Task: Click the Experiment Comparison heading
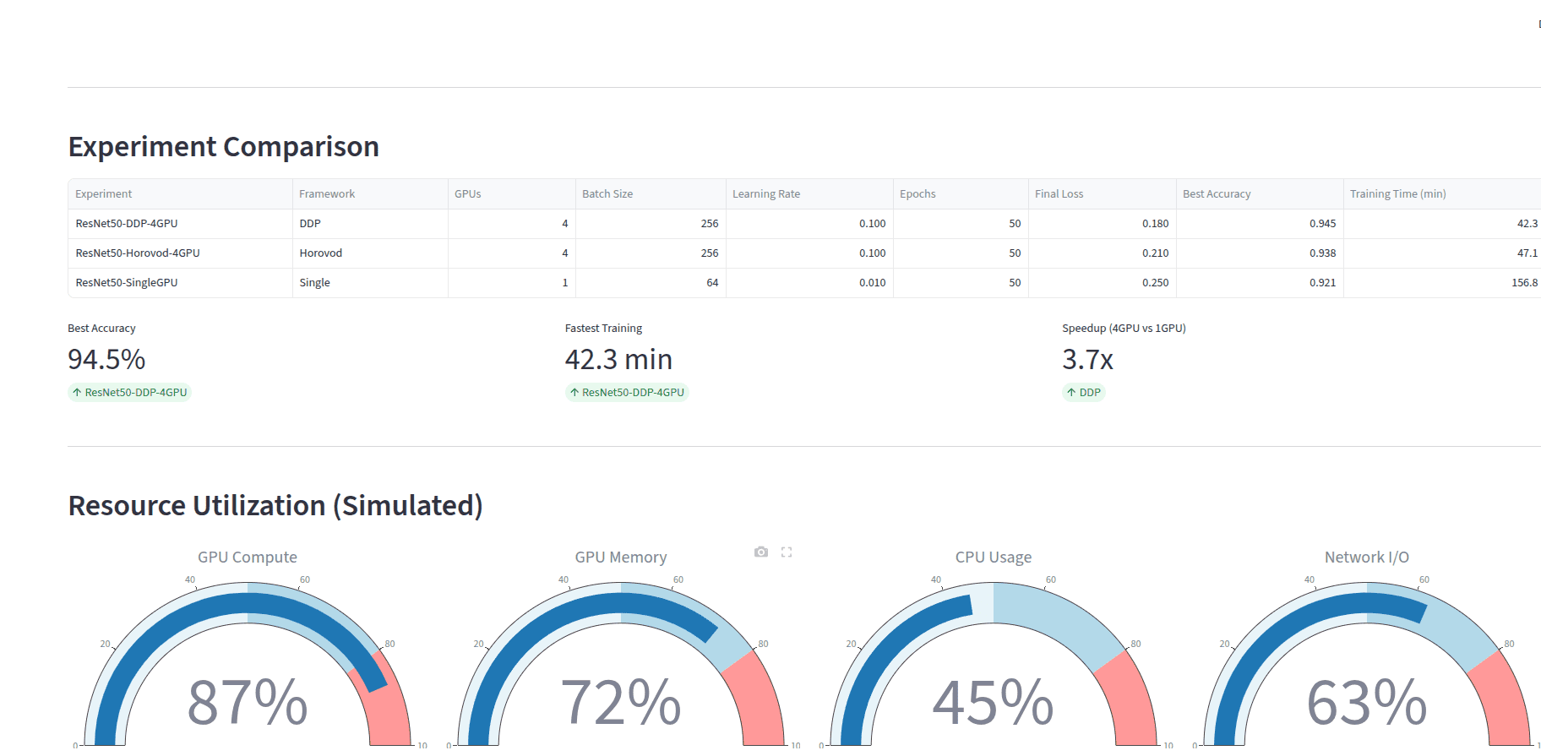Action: coord(223,147)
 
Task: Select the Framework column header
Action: coord(327,194)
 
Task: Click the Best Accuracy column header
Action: coord(1217,194)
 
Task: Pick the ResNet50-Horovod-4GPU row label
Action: coord(138,253)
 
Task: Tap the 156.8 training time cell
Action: coord(1524,283)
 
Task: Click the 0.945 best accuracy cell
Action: coord(1322,224)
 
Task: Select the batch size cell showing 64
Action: coord(712,283)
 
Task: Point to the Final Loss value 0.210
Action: coord(1155,253)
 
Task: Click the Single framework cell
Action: coord(314,283)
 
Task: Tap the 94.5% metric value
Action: coord(106,360)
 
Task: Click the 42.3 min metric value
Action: coord(618,360)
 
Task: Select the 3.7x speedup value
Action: coord(1087,360)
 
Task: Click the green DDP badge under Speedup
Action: coord(1084,393)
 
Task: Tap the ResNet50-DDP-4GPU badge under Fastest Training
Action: coord(627,393)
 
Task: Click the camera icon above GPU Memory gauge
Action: coord(761,552)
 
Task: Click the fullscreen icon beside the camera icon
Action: coord(787,552)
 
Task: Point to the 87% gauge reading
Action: coord(248,702)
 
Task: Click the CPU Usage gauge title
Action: coord(994,557)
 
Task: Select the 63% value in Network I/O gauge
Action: coord(1366,702)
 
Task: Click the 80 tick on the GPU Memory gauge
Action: coord(763,644)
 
